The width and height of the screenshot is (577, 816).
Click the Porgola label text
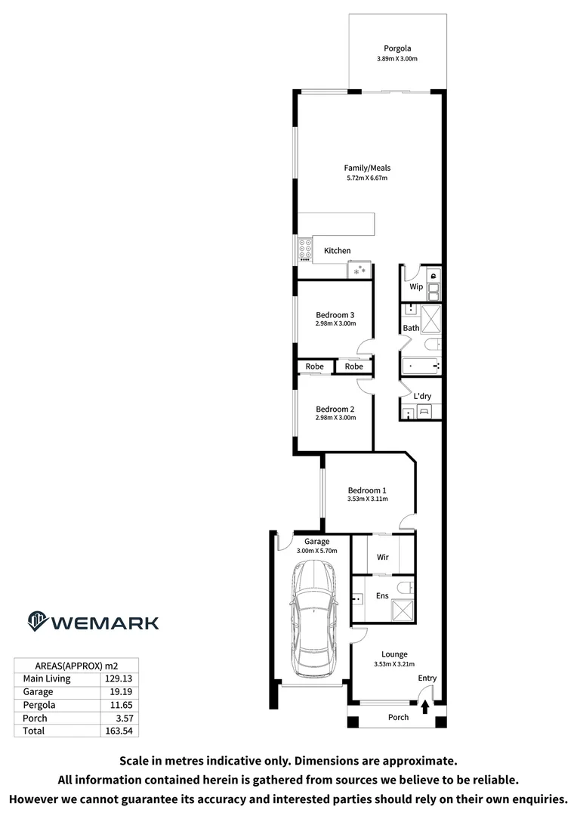[x=396, y=48]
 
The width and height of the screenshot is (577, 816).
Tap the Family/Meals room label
[x=367, y=168]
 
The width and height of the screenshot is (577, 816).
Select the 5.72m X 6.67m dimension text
[x=367, y=178]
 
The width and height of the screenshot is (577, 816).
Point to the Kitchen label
[x=337, y=251]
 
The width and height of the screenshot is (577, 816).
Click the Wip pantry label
[x=415, y=287]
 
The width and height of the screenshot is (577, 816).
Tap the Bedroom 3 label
[x=335, y=314]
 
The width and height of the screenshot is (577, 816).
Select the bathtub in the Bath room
[x=420, y=366]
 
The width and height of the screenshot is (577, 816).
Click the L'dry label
[x=422, y=396]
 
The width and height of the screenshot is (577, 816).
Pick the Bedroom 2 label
[x=335, y=409]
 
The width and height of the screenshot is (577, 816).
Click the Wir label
[x=382, y=558]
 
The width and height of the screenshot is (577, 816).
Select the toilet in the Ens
[x=406, y=586]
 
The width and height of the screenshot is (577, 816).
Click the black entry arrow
[x=425, y=706]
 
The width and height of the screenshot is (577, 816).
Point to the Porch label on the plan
[x=398, y=717]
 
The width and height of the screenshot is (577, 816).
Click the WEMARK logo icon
[x=37, y=621]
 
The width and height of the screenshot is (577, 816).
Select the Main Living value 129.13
[x=119, y=678]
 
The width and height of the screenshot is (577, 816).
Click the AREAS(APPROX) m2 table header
[x=76, y=665]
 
